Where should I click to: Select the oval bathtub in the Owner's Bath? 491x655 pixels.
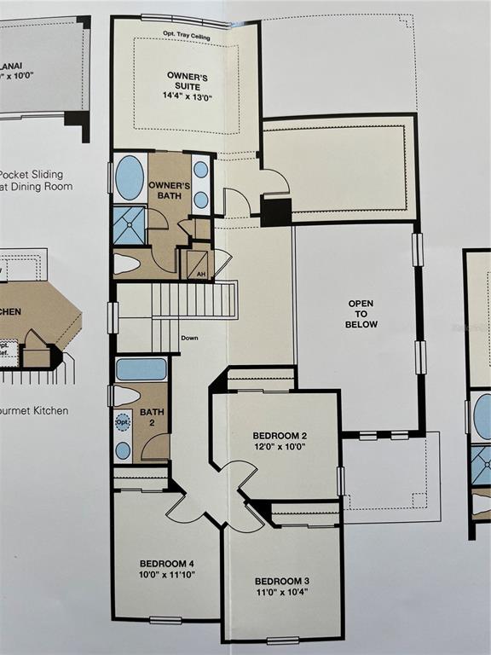(130, 177)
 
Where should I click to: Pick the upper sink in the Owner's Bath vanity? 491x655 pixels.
(200, 170)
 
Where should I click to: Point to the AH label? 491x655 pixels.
(201, 274)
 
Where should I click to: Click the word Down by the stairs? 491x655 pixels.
(189, 339)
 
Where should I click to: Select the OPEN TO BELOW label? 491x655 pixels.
(361, 313)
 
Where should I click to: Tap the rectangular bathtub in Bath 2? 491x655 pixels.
(141, 369)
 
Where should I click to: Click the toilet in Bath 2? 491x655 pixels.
(127, 396)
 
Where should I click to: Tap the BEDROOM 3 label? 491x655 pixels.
(281, 581)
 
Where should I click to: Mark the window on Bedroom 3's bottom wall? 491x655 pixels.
(282, 640)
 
